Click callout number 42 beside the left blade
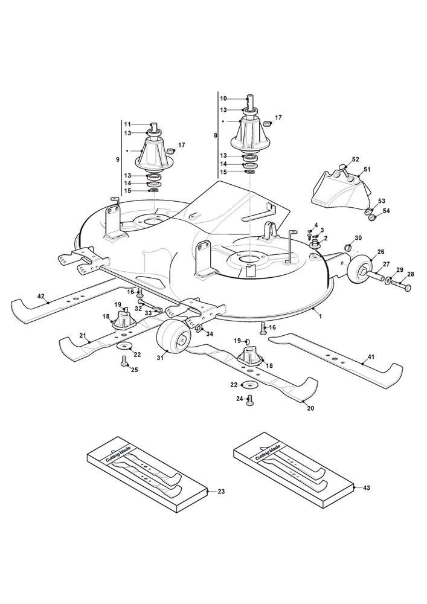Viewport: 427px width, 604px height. pos(41,296)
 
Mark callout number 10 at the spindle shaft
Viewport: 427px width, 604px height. pos(223,98)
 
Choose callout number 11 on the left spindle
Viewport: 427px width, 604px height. pos(128,125)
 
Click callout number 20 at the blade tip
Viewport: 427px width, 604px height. pos(310,408)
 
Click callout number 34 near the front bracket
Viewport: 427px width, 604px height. pos(210,333)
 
